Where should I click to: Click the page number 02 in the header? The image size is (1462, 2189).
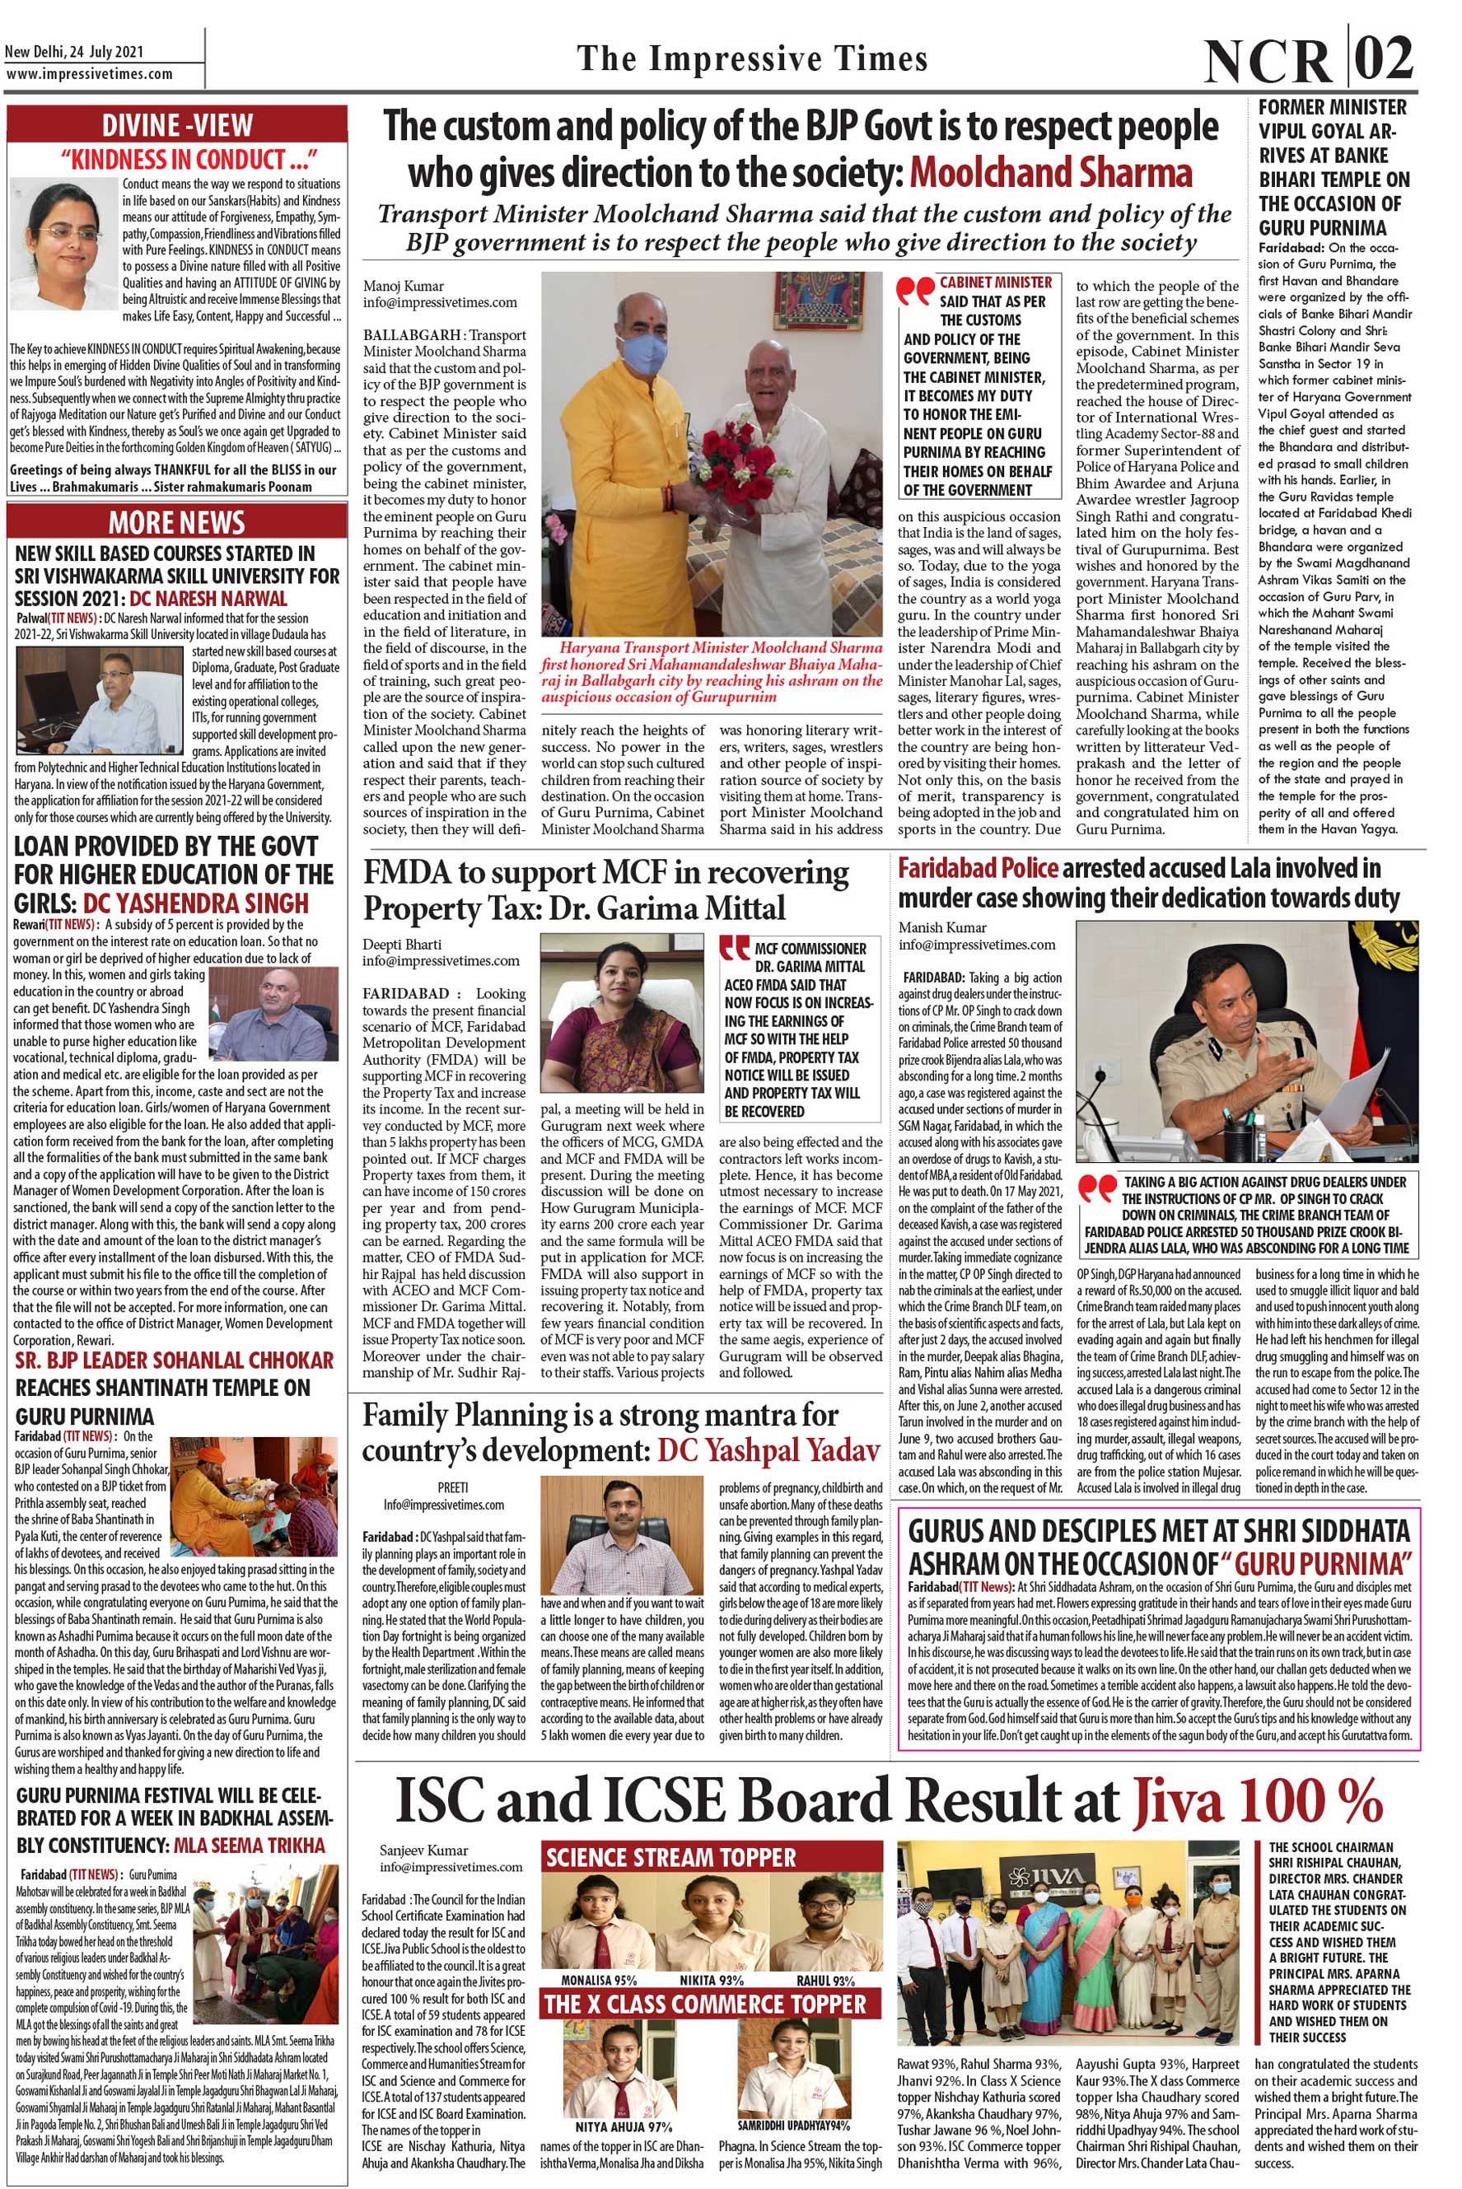click(x=1385, y=59)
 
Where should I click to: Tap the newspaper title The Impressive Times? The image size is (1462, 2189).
click(x=753, y=58)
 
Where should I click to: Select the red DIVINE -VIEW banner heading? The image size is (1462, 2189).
click(x=177, y=125)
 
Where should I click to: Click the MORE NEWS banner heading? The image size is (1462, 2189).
click(x=177, y=522)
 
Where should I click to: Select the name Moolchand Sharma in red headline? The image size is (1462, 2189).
click(x=1051, y=174)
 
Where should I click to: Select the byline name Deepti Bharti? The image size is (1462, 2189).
click(x=402, y=945)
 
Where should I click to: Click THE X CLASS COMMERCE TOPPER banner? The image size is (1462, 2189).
click(x=705, y=2004)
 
